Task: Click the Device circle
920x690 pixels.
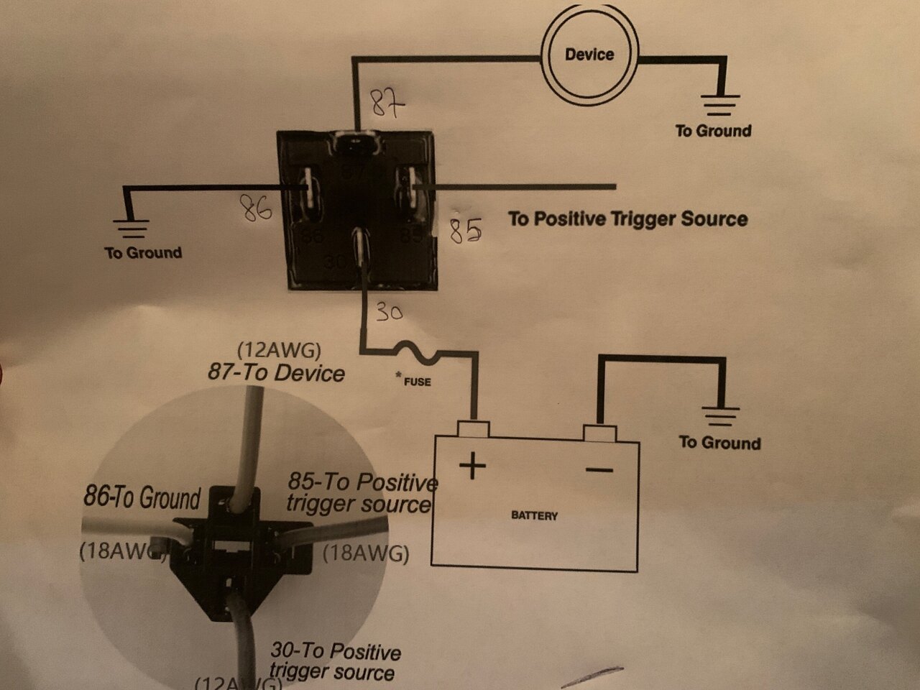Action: point(589,55)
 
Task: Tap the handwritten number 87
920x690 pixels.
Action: point(387,106)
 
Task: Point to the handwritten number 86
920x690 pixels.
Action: point(256,210)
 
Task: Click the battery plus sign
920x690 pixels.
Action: point(472,467)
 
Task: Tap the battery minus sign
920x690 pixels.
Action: point(599,470)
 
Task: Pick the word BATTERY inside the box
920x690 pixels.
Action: point(534,515)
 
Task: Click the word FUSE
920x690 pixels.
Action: point(416,382)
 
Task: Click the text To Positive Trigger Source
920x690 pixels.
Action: point(628,219)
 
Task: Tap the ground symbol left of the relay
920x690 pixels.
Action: point(132,229)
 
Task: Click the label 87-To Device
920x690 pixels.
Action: point(276,372)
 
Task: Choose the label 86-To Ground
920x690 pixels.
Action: point(142,497)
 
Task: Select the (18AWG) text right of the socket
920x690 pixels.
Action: point(366,554)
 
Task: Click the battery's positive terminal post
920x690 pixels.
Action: point(474,430)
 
